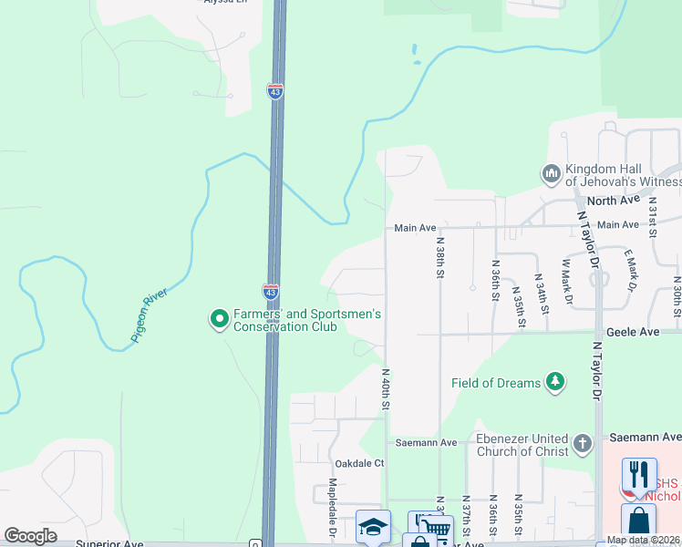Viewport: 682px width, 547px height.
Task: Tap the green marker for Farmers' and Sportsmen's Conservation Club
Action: [219, 319]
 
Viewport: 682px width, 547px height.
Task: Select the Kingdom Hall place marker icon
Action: [551, 173]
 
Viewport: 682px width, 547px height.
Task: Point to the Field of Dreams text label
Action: [496, 383]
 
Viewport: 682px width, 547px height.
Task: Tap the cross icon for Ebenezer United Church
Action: [583, 445]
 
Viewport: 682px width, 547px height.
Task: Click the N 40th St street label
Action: [386, 388]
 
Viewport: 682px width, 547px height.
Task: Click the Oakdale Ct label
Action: [360, 463]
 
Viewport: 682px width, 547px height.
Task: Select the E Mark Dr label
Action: [628, 272]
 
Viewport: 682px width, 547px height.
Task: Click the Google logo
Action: [30, 536]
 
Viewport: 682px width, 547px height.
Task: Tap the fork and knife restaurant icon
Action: [638, 475]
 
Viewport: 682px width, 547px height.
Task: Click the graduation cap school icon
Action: [373, 527]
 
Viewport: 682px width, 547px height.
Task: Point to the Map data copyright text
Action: [643, 540]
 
